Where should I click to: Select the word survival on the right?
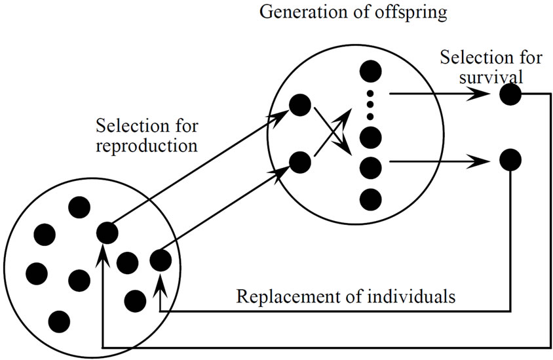coord(491,76)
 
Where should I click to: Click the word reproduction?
coord(146,146)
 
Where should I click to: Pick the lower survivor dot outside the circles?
coord(510,159)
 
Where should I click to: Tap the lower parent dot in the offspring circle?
coord(300,161)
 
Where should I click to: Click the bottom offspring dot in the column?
coord(371,198)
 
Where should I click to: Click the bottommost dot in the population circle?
coord(59,321)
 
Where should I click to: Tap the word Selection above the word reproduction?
coord(126,125)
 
